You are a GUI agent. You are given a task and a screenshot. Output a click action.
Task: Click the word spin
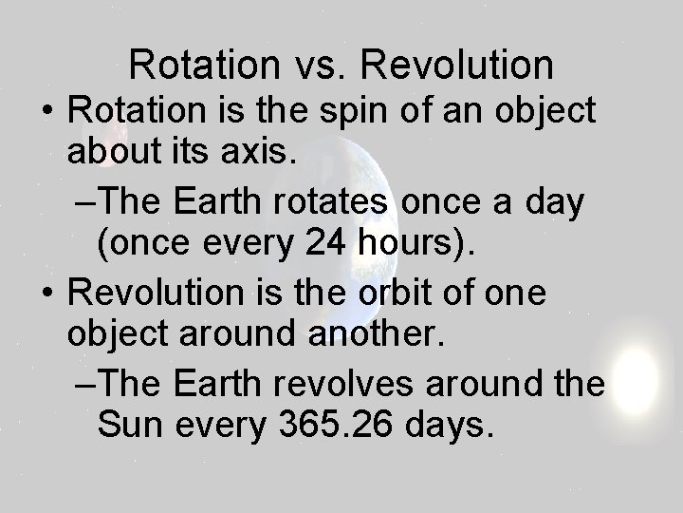coord(376,111)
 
